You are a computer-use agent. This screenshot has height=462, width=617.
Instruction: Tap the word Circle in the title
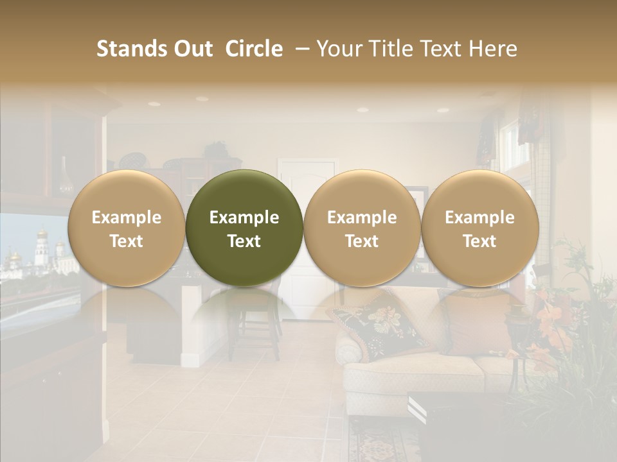[254, 49]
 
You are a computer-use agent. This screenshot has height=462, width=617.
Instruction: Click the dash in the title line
[300, 49]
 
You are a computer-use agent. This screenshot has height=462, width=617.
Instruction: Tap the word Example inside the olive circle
[244, 218]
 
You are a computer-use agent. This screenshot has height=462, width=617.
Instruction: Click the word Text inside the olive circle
[244, 241]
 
